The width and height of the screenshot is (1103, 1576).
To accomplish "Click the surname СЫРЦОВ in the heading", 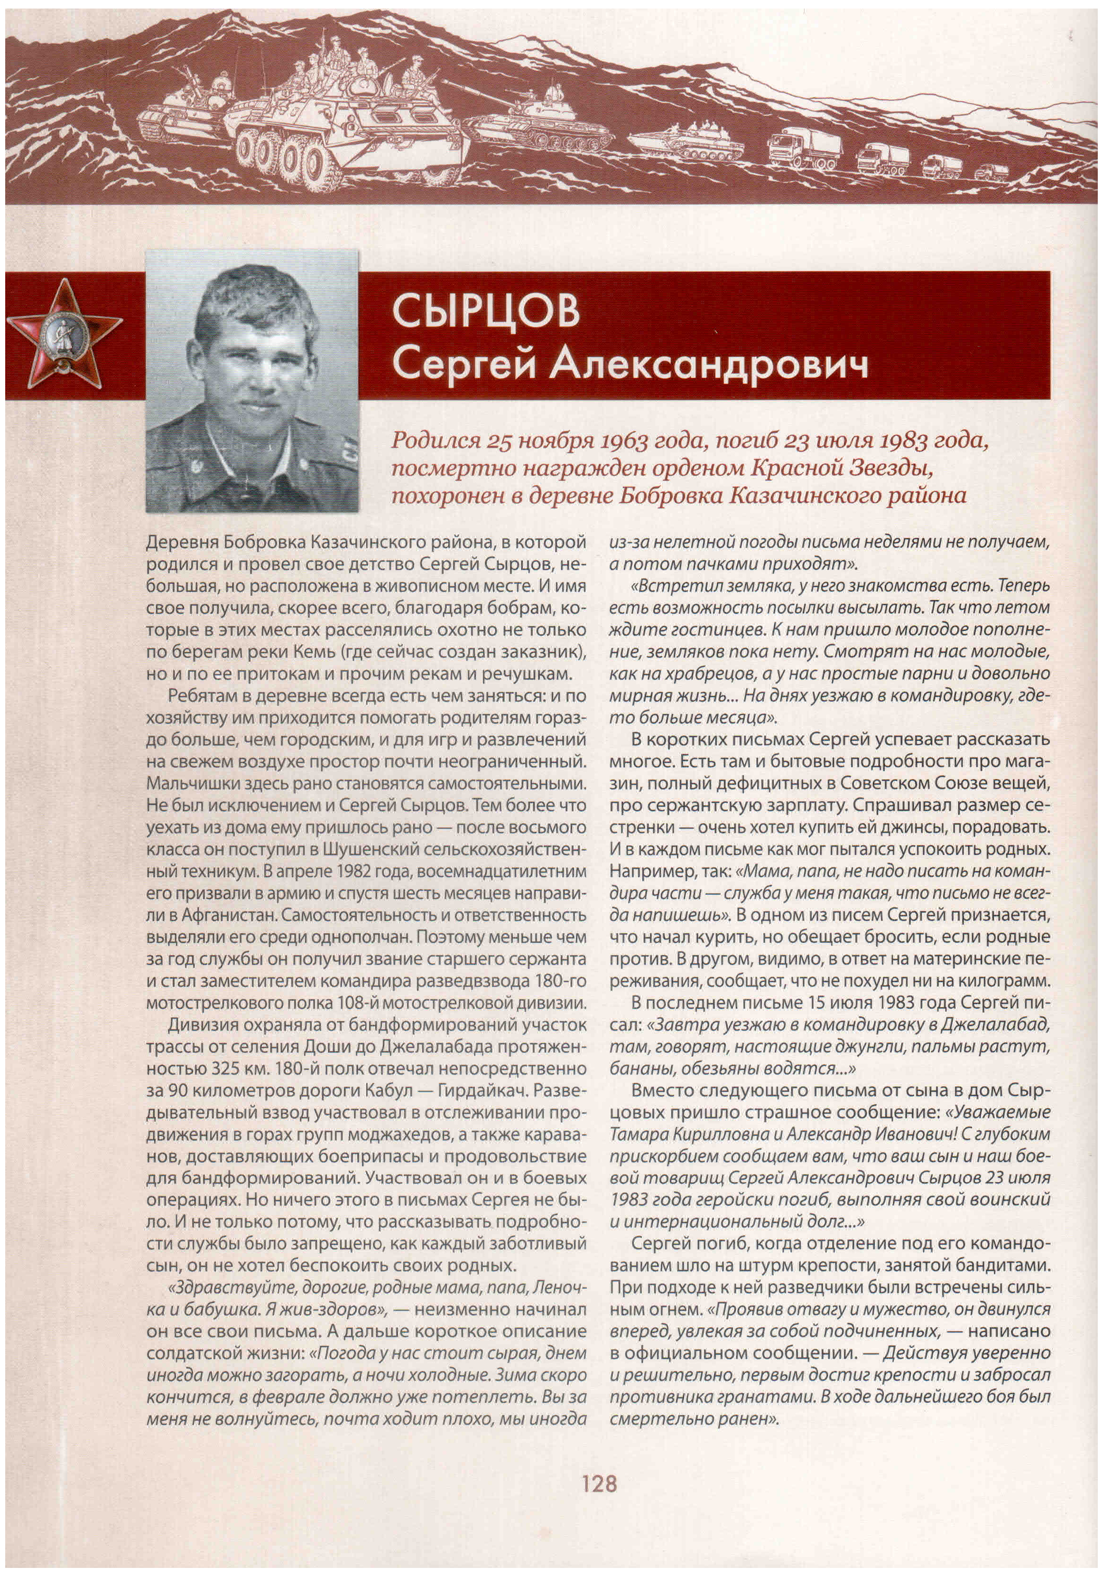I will point(486,311).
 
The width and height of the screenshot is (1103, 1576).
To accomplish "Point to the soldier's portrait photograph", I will point(252,381).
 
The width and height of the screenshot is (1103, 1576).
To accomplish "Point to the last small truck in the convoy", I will point(991,171).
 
